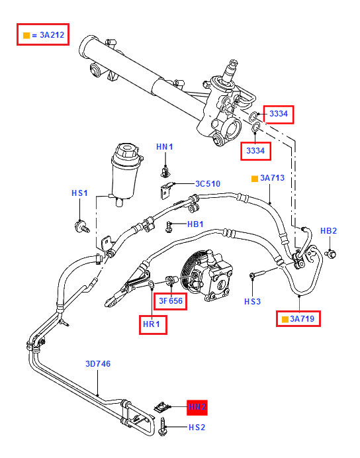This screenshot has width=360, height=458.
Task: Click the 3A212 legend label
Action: [x=52, y=35]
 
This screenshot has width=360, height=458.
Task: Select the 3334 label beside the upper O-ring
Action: [x=279, y=114]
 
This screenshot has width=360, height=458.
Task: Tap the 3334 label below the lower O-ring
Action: [x=255, y=151]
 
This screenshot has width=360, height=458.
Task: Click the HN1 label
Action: [x=165, y=147]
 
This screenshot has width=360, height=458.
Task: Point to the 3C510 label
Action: [x=208, y=184]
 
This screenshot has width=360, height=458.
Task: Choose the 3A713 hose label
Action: [x=272, y=178]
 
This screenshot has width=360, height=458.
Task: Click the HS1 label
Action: [x=79, y=193]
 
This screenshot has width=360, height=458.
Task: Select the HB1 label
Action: [x=195, y=224]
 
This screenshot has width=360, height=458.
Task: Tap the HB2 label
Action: [x=329, y=231]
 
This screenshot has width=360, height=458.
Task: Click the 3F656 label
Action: [x=171, y=301]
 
